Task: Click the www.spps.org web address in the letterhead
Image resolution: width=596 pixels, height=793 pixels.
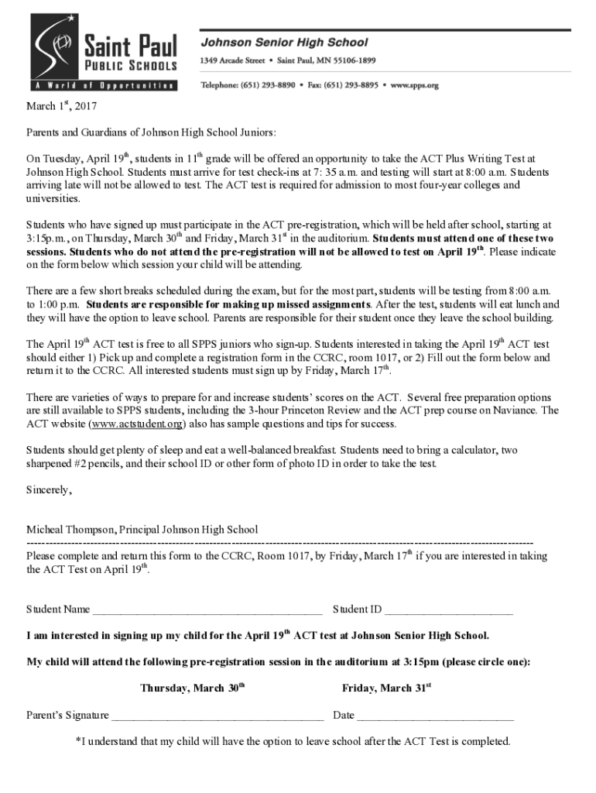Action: tap(415, 84)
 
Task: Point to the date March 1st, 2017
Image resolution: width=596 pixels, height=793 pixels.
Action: tap(62, 106)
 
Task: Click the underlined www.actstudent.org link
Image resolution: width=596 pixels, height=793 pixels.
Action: tap(136, 424)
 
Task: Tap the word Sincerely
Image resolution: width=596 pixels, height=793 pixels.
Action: tap(49, 490)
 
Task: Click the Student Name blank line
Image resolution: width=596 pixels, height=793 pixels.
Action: tap(207, 610)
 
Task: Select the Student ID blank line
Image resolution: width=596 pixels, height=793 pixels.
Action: tap(448, 610)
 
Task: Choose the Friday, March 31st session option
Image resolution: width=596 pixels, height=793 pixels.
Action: tap(386, 688)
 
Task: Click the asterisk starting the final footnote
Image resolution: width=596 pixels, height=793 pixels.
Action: tap(77, 740)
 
